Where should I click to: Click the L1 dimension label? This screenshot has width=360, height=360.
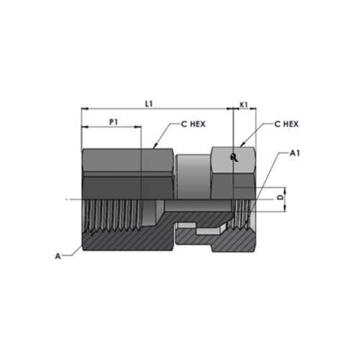point(148,104)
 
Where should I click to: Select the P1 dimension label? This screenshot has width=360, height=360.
point(113,122)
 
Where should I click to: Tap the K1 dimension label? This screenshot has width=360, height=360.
point(243,104)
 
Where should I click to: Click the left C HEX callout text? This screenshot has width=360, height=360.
point(193,124)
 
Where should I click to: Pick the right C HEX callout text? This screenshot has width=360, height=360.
point(286,124)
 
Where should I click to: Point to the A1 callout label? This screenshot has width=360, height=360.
point(294,153)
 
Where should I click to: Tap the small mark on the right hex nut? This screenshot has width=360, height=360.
point(233,158)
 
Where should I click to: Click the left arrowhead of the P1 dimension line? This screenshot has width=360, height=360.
point(84,128)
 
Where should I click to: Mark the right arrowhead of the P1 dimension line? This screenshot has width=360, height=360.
point(139,128)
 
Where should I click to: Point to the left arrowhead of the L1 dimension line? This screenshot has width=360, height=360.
point(84,110)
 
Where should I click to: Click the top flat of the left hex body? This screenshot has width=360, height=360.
point(128,149)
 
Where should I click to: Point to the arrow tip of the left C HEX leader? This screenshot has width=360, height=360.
point(155,148)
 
